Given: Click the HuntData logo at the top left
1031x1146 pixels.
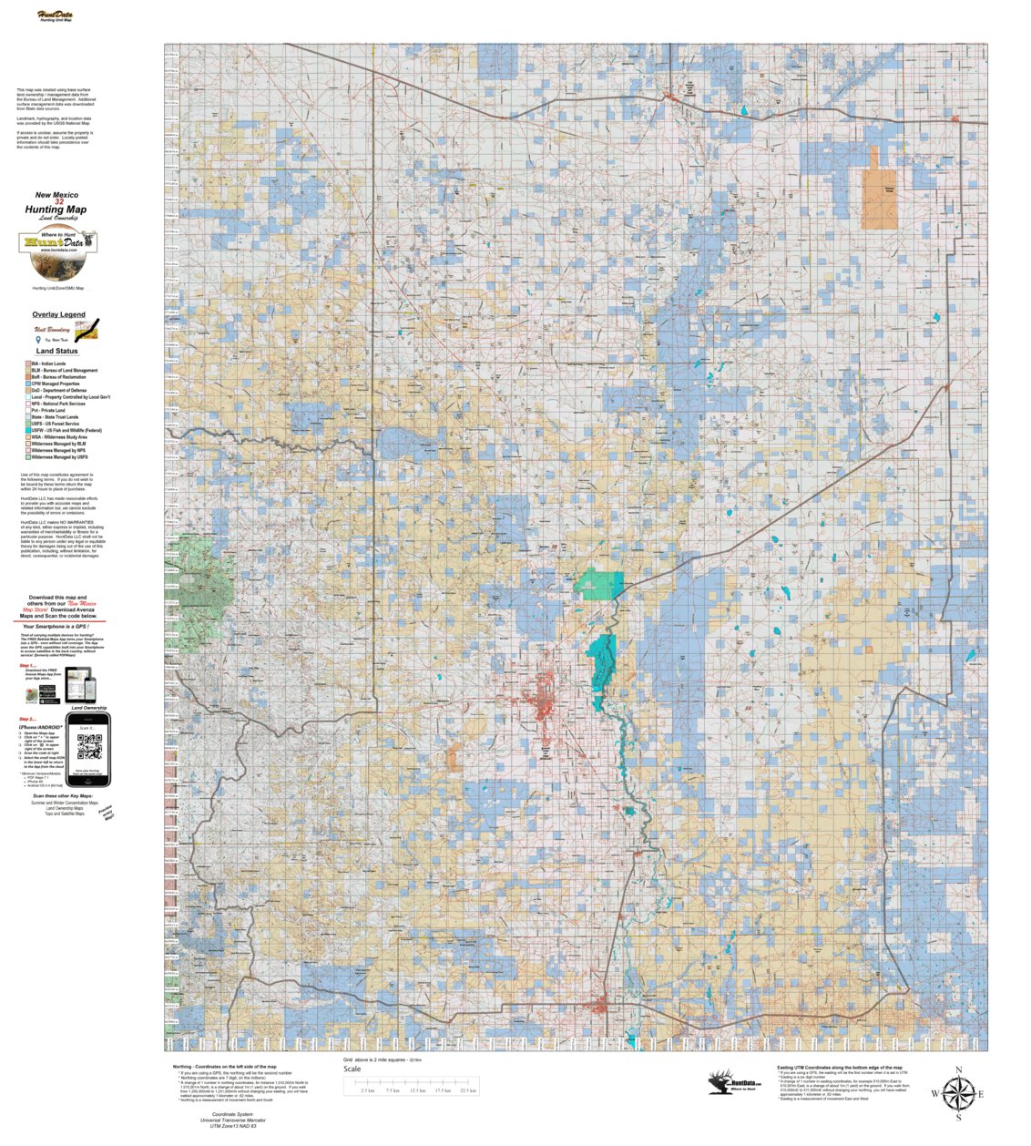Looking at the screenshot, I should tap(56, 15).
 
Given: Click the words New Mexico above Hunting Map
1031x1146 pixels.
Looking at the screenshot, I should tap(56, 194).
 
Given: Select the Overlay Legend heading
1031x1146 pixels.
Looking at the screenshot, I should tap(58, 314).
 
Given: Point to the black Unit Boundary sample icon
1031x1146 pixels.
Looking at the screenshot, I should tap(86, 330).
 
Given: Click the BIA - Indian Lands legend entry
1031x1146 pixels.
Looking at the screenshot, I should tap(47, 363).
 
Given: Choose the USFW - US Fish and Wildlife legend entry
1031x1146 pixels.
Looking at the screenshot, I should tap(66, 430).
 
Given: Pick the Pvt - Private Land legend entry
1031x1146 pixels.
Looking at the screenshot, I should tap(47, 410).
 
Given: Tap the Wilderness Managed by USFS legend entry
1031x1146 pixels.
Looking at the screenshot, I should tap(59, 457).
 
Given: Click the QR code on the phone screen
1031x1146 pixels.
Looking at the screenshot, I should tap(88, 746).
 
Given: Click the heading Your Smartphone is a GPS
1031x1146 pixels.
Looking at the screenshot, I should tap(60, 627).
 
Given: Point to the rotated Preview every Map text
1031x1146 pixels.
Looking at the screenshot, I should tap(107, 813).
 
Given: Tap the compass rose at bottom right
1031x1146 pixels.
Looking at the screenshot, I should tap(957, 1092).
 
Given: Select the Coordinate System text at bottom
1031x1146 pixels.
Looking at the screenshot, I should tap(232, 1120).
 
